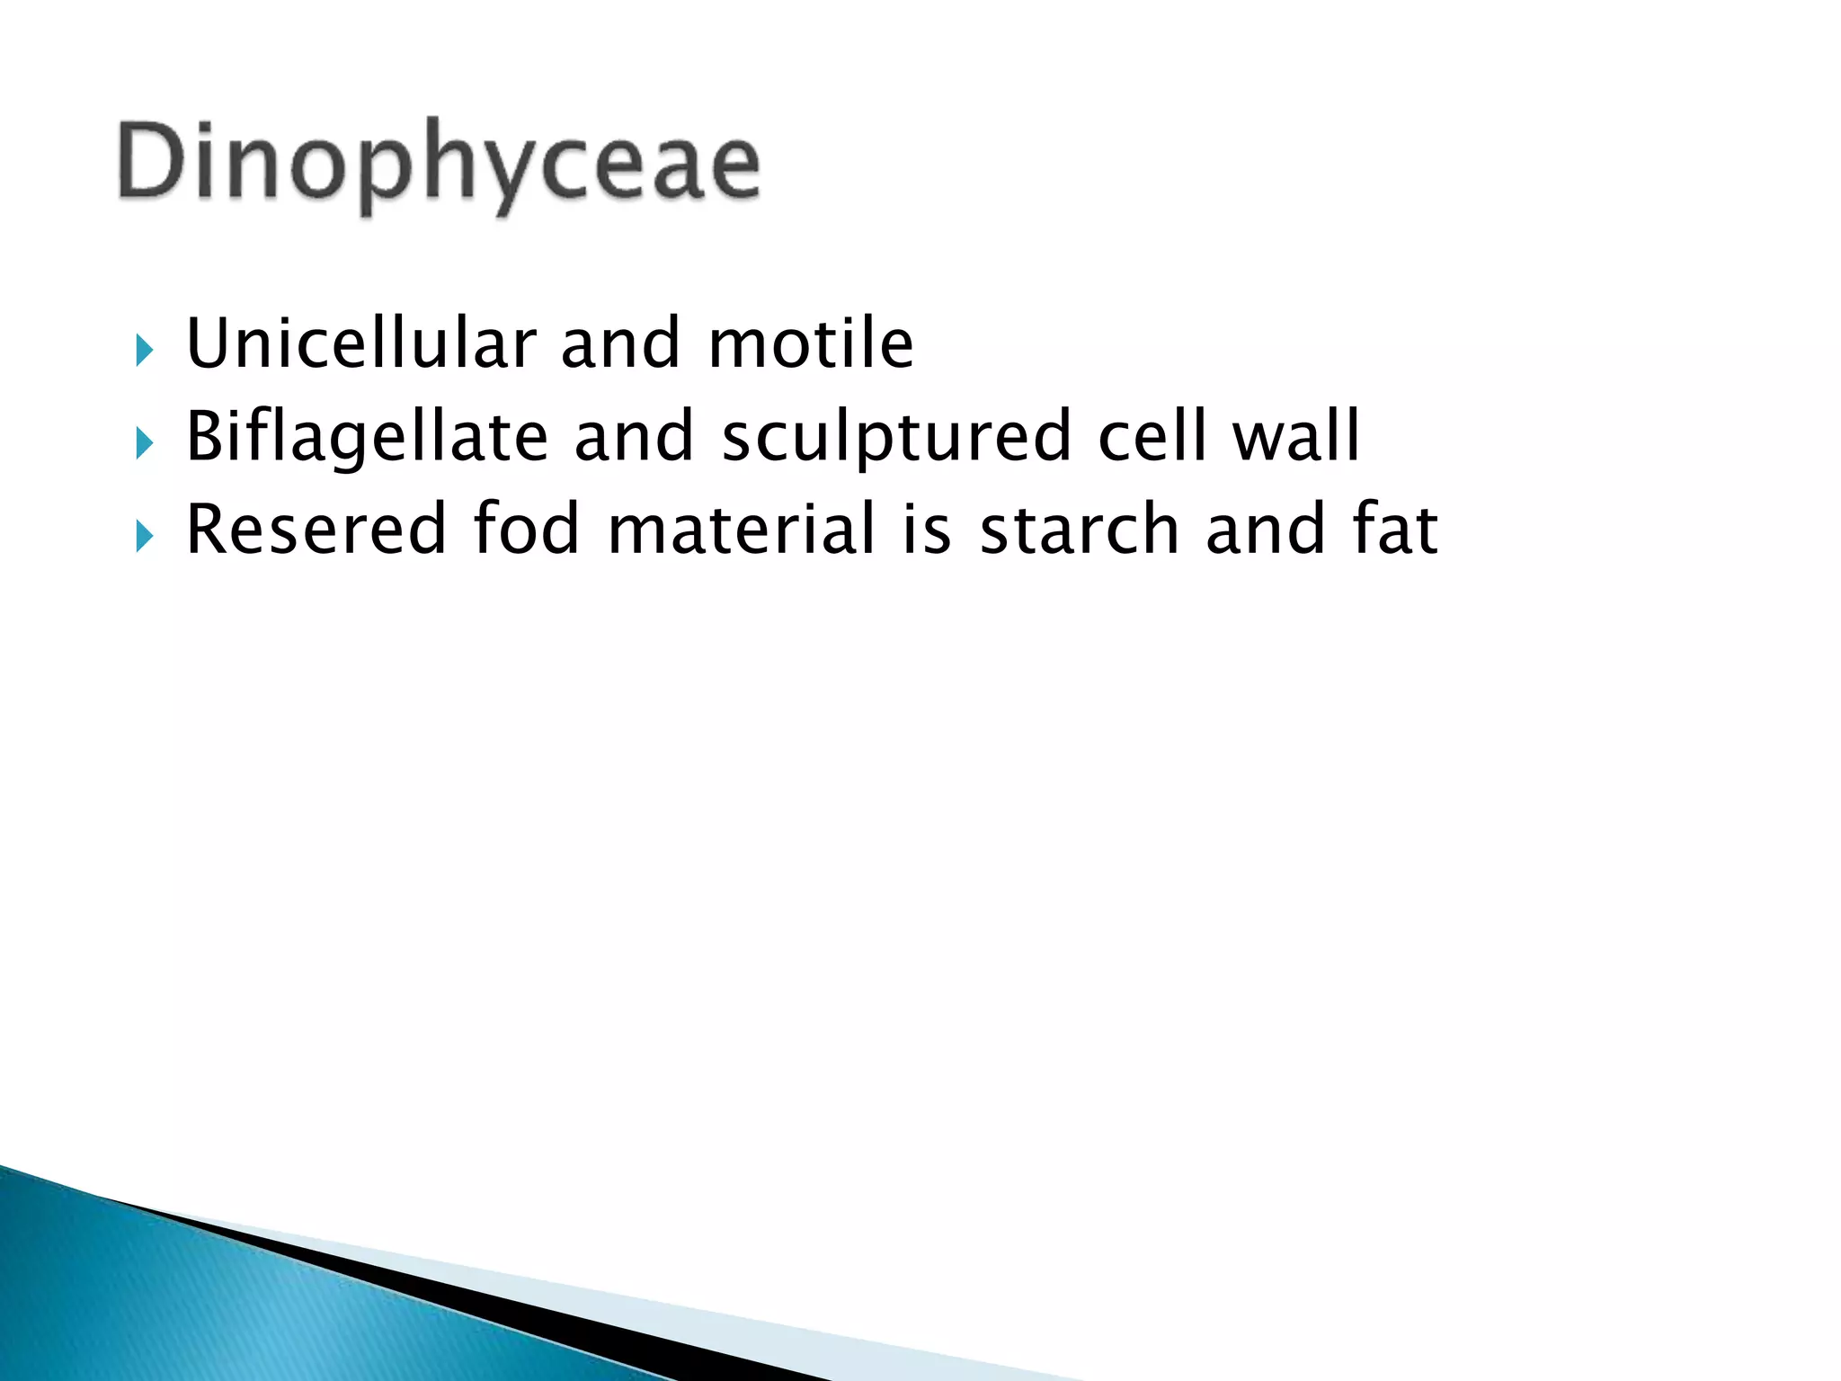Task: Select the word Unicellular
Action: [x=361, y=343]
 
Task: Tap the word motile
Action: [x=811, y=343]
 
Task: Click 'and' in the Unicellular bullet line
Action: [x=620, y=345]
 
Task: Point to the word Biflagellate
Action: [x=367, y=437]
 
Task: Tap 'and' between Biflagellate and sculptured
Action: [x=634, y=437]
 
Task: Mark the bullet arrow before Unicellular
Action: [x=145, y=350]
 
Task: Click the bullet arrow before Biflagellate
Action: [x=145, y=443]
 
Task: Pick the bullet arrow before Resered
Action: [x=145, y=536]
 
